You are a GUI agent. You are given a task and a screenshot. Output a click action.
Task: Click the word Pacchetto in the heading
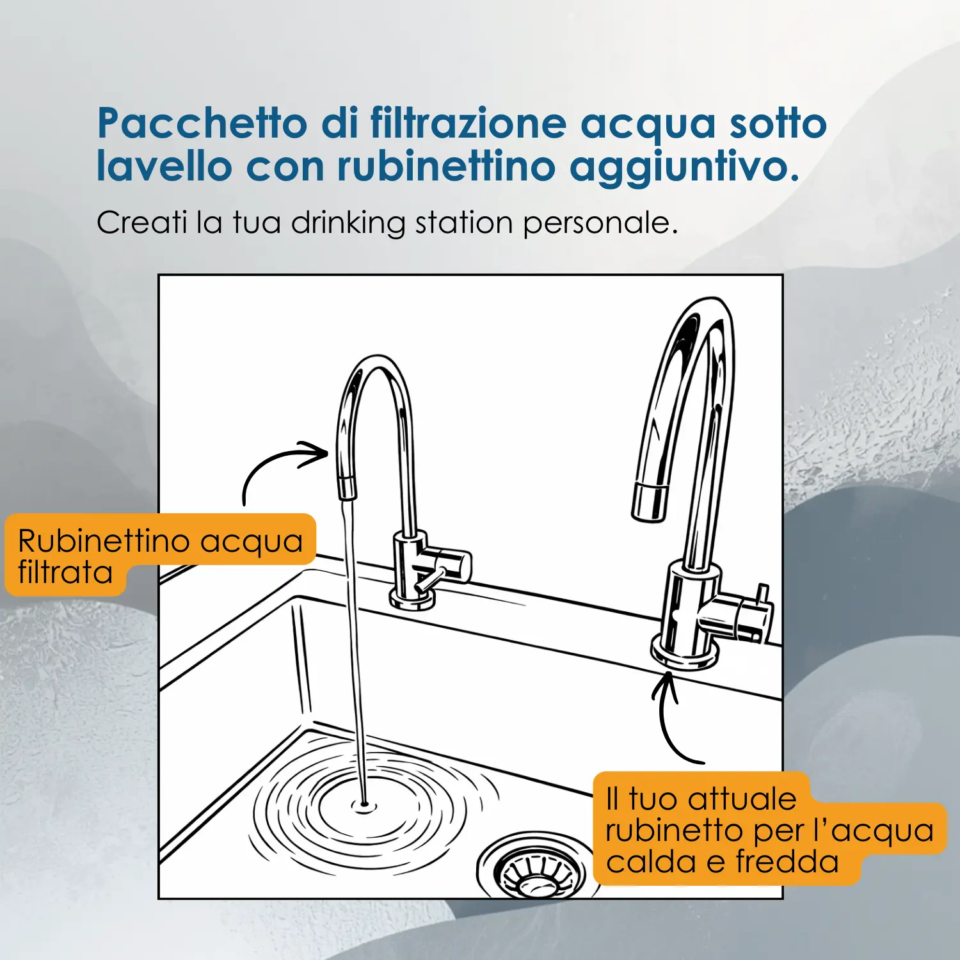[202, 123]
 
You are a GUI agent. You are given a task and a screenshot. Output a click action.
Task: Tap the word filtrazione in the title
[468, 123]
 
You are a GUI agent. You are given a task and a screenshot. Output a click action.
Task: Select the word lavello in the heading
[164, 166]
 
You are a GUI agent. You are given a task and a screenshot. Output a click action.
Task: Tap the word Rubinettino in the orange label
[104, 541]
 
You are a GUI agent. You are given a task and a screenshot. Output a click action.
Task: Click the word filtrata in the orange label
[65, 572]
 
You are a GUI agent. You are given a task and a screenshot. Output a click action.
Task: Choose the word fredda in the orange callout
[787, 861]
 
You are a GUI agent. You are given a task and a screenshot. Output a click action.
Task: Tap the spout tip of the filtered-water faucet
[347, 489]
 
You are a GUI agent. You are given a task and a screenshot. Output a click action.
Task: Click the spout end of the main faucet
[650, 503]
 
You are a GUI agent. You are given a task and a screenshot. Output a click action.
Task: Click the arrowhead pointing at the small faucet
[315, 453]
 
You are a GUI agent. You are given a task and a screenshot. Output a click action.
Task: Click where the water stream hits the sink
[364, 804]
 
